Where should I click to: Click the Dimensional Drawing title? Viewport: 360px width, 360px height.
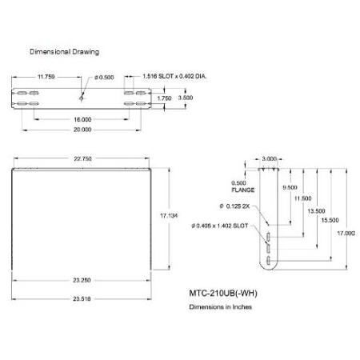[64, 52]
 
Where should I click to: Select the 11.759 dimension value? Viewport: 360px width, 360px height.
[46, 77]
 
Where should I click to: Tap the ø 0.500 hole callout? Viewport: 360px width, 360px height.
[104, 78]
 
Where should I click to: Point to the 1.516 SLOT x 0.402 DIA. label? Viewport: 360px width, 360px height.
[174, 76]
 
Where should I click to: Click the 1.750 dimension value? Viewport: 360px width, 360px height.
[164, 98]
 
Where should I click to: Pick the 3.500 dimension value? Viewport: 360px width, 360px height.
[186, 98]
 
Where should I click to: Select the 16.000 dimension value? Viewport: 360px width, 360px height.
[82, 119]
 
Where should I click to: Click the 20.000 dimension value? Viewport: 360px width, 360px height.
[82, 130]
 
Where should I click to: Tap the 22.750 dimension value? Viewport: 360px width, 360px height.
[82, 158]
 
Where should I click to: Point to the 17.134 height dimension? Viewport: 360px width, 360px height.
[169, 215]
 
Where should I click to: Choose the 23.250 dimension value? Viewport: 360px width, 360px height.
[82, 280]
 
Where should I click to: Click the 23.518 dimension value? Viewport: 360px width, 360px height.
[82, 299]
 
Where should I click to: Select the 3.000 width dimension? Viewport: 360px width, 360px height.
[269, 159]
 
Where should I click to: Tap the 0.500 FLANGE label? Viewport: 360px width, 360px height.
[243, 186]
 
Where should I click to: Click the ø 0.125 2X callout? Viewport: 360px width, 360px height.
[234, 206]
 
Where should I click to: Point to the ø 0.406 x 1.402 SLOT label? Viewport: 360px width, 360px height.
[220, 226]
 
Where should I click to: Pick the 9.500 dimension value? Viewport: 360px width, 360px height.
[290, 187]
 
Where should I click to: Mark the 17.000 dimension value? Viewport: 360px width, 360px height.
[346, 234]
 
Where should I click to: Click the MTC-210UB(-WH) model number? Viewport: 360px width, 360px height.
[223, 294]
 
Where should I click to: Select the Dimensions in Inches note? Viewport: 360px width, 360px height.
[221, 307]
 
